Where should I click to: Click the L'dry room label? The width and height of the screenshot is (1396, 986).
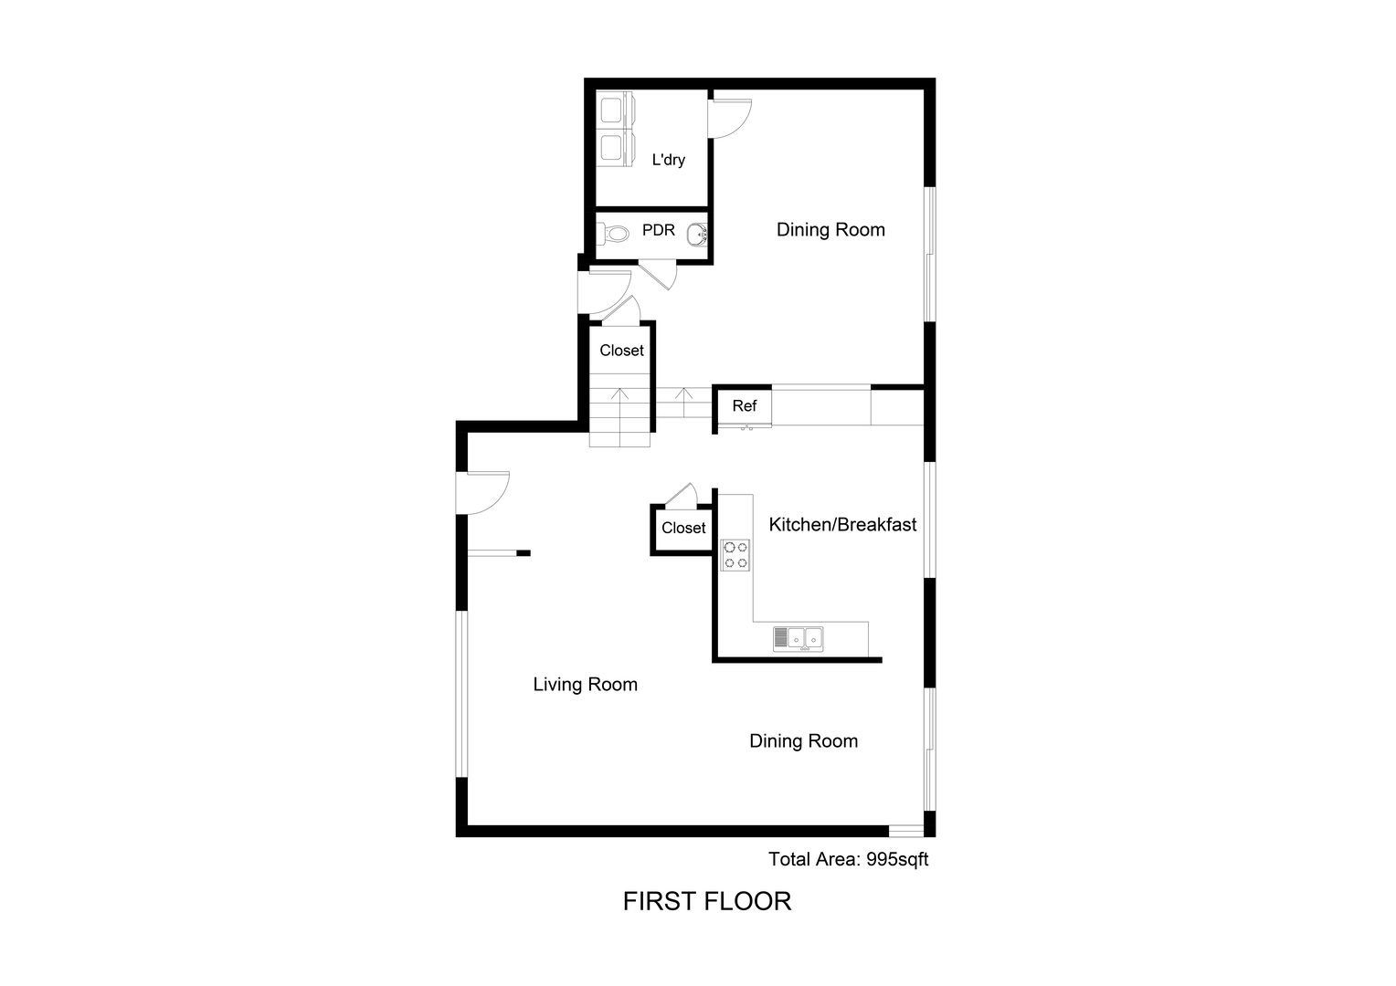click(668, 160)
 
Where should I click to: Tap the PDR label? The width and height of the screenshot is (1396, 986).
click(658, 230)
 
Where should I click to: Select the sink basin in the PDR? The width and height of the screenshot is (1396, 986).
click(697, 235)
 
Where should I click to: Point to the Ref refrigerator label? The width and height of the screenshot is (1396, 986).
click(744, 406)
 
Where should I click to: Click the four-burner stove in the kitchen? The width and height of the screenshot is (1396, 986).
click(735, 555)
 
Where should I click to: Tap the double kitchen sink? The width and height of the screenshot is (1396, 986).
click(798, 639)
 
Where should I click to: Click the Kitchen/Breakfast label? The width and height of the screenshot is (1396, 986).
click(842, 524)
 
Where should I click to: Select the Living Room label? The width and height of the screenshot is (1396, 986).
click(586, 685)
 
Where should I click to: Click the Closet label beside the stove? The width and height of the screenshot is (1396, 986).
click(683, 529)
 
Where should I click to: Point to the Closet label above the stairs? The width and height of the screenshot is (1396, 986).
click(621, 351)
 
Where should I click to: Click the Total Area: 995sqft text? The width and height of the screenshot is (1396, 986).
click(848, 860)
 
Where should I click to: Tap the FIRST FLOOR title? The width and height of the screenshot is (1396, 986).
click(707, 901)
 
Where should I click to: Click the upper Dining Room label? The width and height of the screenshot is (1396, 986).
click(830, 230)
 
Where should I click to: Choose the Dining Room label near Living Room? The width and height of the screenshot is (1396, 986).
click(803, 741)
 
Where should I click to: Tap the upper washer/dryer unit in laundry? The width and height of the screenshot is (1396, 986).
click(615, 110)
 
